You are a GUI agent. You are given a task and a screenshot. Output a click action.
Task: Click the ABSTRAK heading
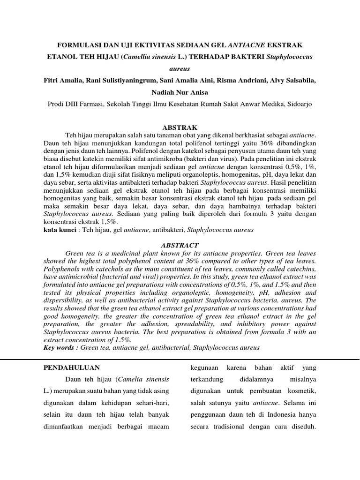point(180,127)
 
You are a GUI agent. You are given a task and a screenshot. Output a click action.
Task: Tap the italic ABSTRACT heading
point(180,245)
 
